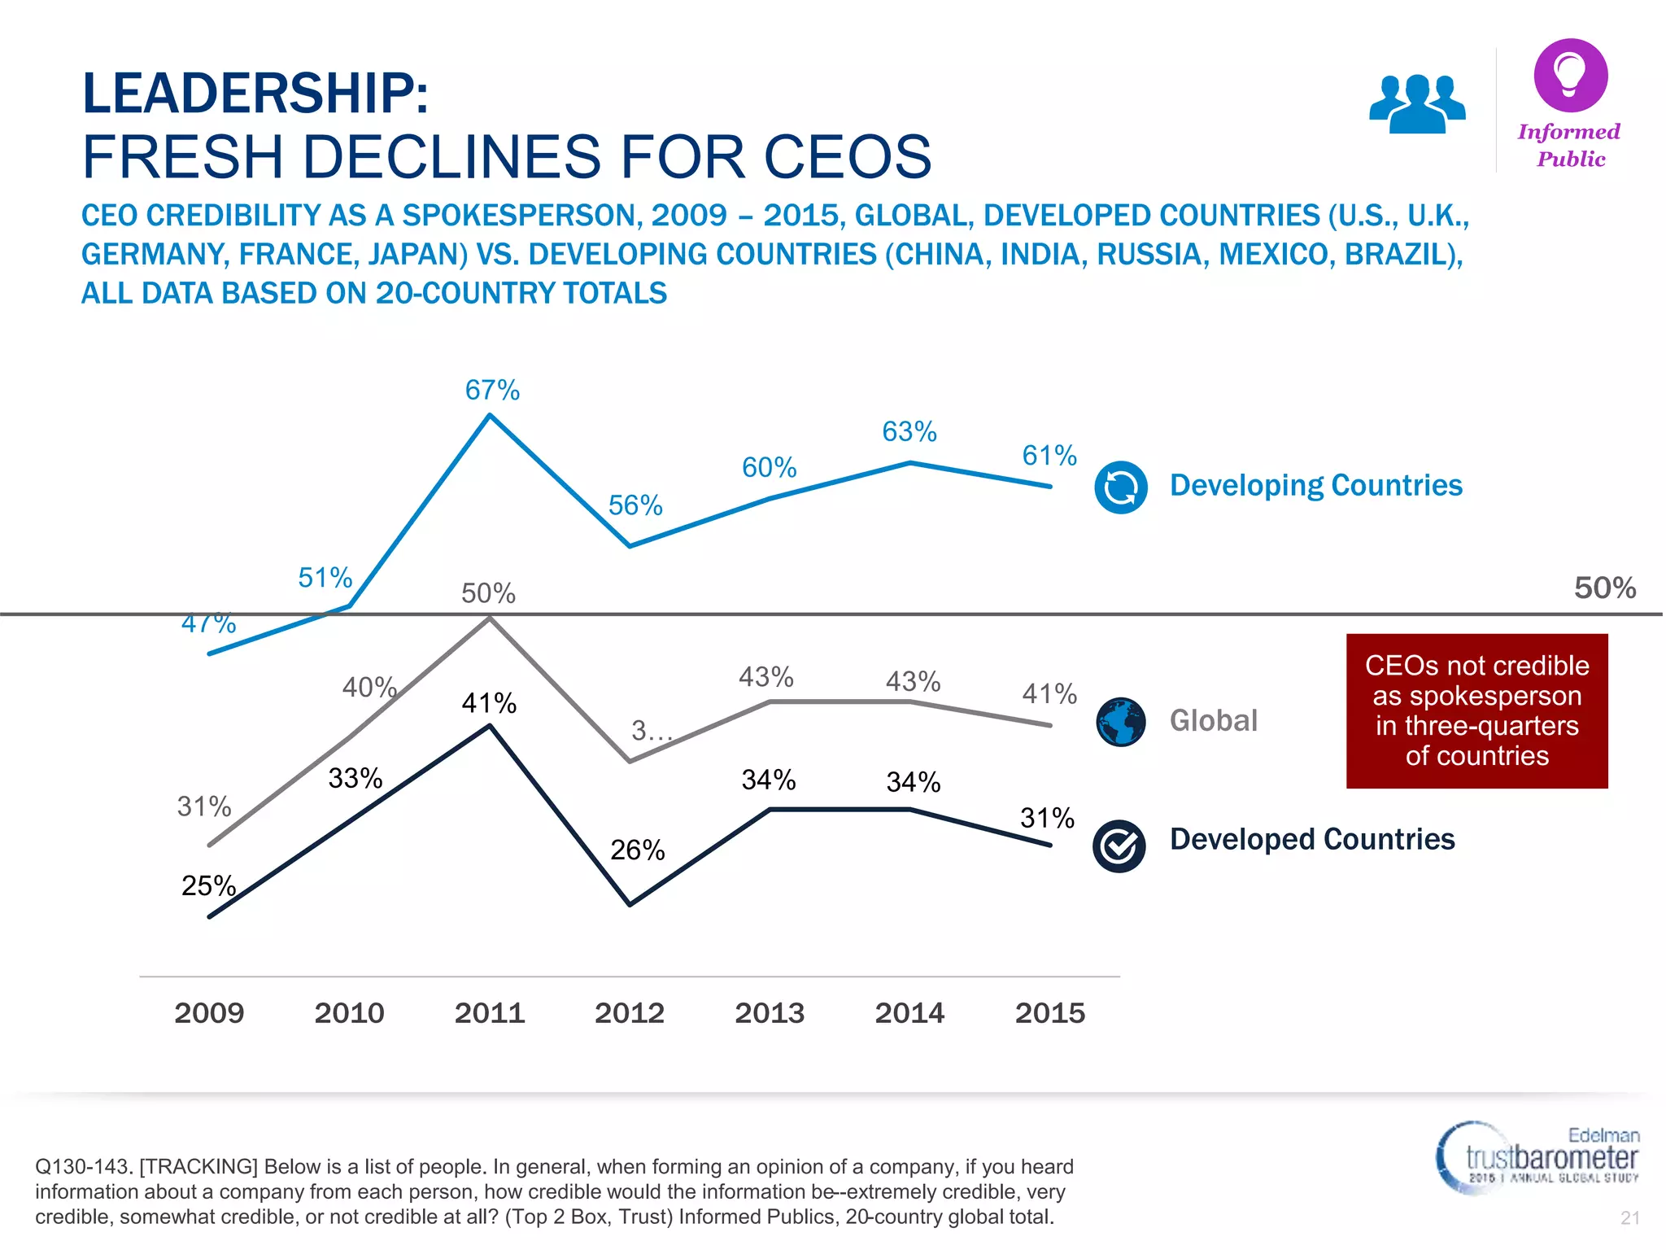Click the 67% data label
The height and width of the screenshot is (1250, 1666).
tap(492, 391)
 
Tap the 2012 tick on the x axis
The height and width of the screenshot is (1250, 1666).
tap(630, 1013)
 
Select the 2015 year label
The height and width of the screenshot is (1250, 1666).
tap(1049, 1013)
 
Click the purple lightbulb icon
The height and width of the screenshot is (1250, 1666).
tap(1570, 75)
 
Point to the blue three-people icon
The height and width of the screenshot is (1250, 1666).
tap(1417, 103)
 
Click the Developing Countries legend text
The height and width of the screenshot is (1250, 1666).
tap(1315, 485)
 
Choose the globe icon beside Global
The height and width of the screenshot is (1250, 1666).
tap(1120, 722)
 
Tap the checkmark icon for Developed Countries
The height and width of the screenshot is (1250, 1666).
tap(1119, 846)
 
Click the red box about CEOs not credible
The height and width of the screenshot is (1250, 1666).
tap(1476, 710)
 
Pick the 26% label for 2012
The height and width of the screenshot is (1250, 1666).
tap(638, 850)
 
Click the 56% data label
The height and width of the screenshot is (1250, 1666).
tap(635, 505)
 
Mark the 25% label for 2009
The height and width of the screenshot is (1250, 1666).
tap(208, 885)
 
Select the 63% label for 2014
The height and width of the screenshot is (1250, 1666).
tap(909, 431)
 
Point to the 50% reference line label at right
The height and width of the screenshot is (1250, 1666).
tap(1604, 588)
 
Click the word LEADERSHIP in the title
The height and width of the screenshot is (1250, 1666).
tap(255, 93)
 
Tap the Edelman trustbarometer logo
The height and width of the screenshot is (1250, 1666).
tap(1537, 1157)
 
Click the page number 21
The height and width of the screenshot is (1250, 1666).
tap(1629, 1217)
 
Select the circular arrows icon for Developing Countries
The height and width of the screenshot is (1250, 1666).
tap(1120, 487)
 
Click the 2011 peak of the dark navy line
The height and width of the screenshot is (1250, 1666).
tap(490, 726)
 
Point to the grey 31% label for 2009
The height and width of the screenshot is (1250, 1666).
tap(204, 806)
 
